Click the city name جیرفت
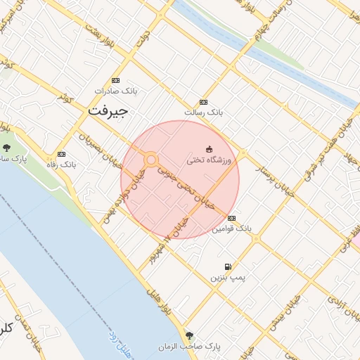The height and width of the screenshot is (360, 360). tap(108, 112)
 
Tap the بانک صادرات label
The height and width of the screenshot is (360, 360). tap(115, 91)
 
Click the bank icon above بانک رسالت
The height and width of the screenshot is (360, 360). tap(204, 102)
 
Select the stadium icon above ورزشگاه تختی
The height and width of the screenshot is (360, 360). tap(208, 148)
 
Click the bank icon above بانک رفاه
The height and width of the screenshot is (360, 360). tap(61, 154)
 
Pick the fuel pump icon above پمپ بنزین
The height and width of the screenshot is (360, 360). tap(228, 267)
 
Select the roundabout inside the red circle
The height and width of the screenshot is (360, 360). tap(150, 160)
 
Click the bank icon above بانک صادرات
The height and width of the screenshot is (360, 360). tap(115, 80)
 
